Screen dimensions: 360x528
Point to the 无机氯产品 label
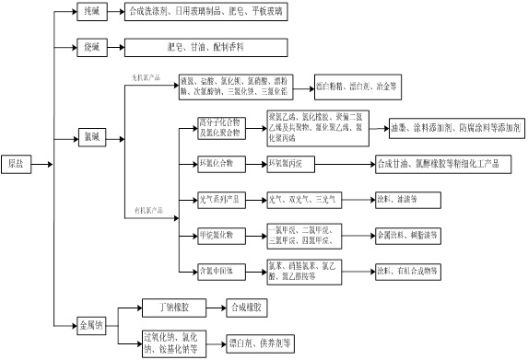click(x=147, y=78)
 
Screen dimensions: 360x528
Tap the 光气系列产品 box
click(x=222, y=198)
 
